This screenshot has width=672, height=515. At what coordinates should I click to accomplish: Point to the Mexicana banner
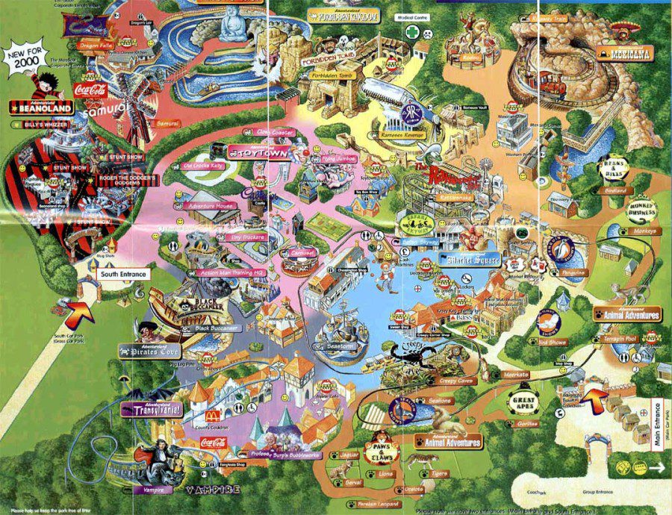pos(626,53)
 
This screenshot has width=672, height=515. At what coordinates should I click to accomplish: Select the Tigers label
pos(439,473)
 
